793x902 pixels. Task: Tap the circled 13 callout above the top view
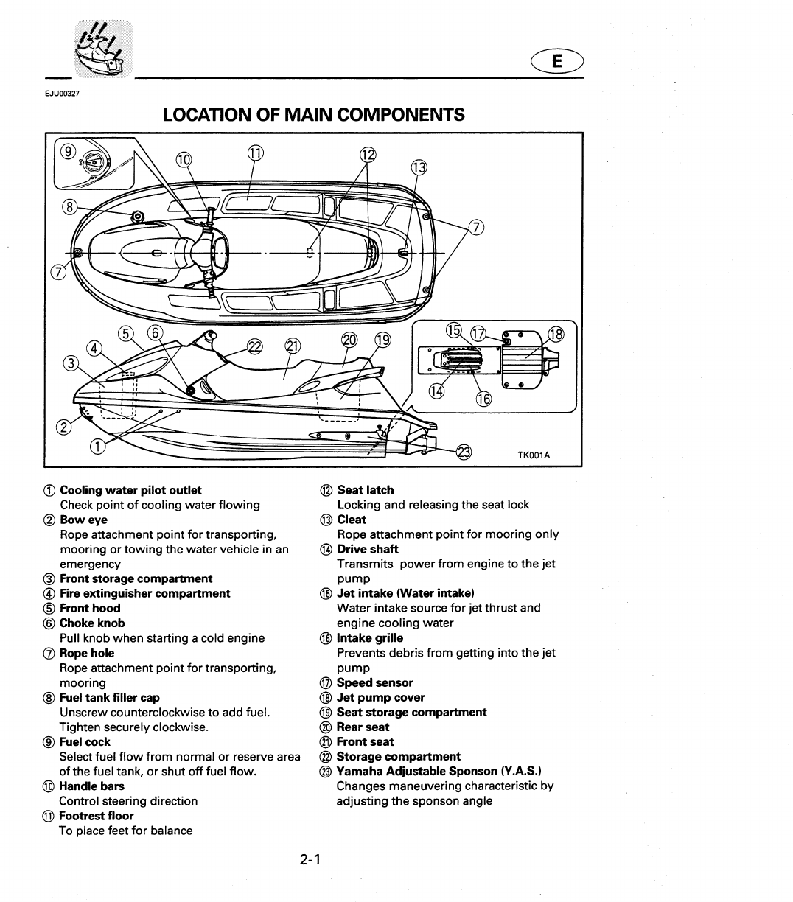coord(419,167)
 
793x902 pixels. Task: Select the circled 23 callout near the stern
coord(464,452)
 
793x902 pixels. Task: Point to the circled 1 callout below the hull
coord(97,445)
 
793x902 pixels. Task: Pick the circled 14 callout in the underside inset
coord(438,391)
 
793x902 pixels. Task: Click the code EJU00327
coord(72,93)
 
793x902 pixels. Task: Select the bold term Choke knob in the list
coord(92,623)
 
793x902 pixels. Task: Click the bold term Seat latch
coord(365,489)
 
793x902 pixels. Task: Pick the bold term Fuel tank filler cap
coord(109,697)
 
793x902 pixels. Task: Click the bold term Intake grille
coord(370,637)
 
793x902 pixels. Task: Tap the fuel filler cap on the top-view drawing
coord(137,217)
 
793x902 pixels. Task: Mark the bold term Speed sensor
coord(374,682)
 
